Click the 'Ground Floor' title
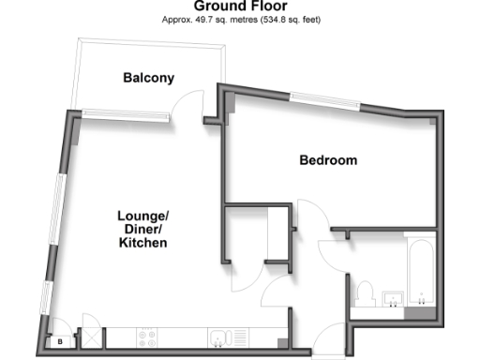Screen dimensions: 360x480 coord(240,6)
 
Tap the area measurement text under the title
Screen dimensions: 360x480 coord(240,19)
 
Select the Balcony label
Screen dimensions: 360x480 coord(149,78)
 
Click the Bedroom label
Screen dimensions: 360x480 coord(328,160)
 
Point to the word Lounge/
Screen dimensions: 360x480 coord(142,215)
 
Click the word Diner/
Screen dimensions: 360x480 coord(142,229)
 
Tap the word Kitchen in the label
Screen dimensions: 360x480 coord(142,243)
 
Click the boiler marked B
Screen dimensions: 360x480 coord(61,342)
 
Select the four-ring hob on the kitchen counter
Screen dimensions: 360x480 coord(149,336)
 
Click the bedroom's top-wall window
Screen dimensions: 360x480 coord(323,98)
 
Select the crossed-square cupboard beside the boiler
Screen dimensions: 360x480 coord(92,337)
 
